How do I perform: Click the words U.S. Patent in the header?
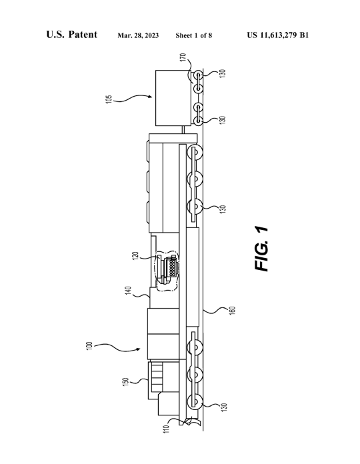tap(71, 35)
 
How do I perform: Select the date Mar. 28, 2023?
tap(138, 36)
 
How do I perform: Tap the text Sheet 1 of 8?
tap(194, 35)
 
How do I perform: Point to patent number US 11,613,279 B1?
tap(278, 35)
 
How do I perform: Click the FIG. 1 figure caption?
tap(261, 249)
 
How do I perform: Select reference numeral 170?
tap(183, 57)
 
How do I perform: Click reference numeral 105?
tap(109, 99)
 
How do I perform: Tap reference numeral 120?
tap(135, 256)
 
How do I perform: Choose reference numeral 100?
tap(89, 346)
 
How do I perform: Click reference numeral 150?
tap(126, 382)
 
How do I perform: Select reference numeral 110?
tap(167, 429)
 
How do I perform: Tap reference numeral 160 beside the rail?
tap(233, 310)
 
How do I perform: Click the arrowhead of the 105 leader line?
tap(150, 96)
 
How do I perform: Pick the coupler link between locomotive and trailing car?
tap(184, 129)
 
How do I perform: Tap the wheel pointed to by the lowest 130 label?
tap(195, 401)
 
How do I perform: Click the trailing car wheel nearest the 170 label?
tap(197, 77)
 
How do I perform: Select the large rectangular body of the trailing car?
tap(173, 97)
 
